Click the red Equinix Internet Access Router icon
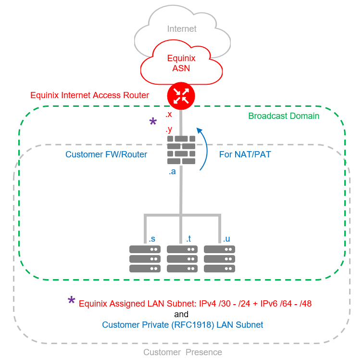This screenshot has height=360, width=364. coord(181,95)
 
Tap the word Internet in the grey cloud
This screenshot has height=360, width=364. coord(182,29)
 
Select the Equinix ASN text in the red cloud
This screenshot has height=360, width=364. coord(181,63)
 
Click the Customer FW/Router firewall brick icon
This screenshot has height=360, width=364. coord(181,151)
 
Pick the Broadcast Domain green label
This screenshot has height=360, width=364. coord(284,116)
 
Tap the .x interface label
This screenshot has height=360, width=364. coord(169,115)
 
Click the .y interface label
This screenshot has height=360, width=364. coord(169,129)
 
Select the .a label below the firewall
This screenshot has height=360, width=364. coord(172,172)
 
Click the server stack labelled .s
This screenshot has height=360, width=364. coord(145,259)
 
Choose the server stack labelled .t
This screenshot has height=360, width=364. coord(182,259)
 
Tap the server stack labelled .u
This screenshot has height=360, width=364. coord(219,259)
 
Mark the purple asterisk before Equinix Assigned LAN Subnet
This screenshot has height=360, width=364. coord(71,302)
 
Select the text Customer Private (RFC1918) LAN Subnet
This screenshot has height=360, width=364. coord(182,325)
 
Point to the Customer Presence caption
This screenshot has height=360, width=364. coord(183,352)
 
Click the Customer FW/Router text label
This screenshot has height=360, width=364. coord(106,154)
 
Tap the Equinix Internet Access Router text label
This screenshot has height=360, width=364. coord(90,95)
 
